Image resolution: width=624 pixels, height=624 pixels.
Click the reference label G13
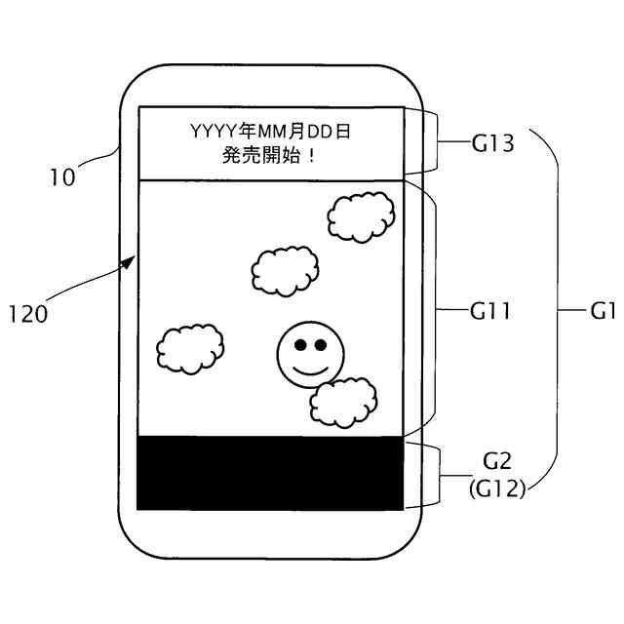tap(492, 144)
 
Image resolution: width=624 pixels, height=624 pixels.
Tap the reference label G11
tap(491, 312)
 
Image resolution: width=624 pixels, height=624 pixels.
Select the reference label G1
tap(604, 312)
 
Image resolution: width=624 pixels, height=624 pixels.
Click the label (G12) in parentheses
tap(497, 487)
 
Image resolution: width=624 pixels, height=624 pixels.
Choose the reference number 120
tap(28, 315)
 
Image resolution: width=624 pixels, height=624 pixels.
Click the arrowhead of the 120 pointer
tap(131, 261)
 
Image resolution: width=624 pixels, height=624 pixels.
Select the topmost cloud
tap(360, 214)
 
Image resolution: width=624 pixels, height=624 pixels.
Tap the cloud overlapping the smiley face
tap(343, 400)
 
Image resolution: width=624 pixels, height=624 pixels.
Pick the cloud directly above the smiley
tap(286, 268)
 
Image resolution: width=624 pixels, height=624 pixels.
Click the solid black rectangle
tap(270, 473)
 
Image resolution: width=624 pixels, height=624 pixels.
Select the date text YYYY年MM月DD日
tap(269, 130)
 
